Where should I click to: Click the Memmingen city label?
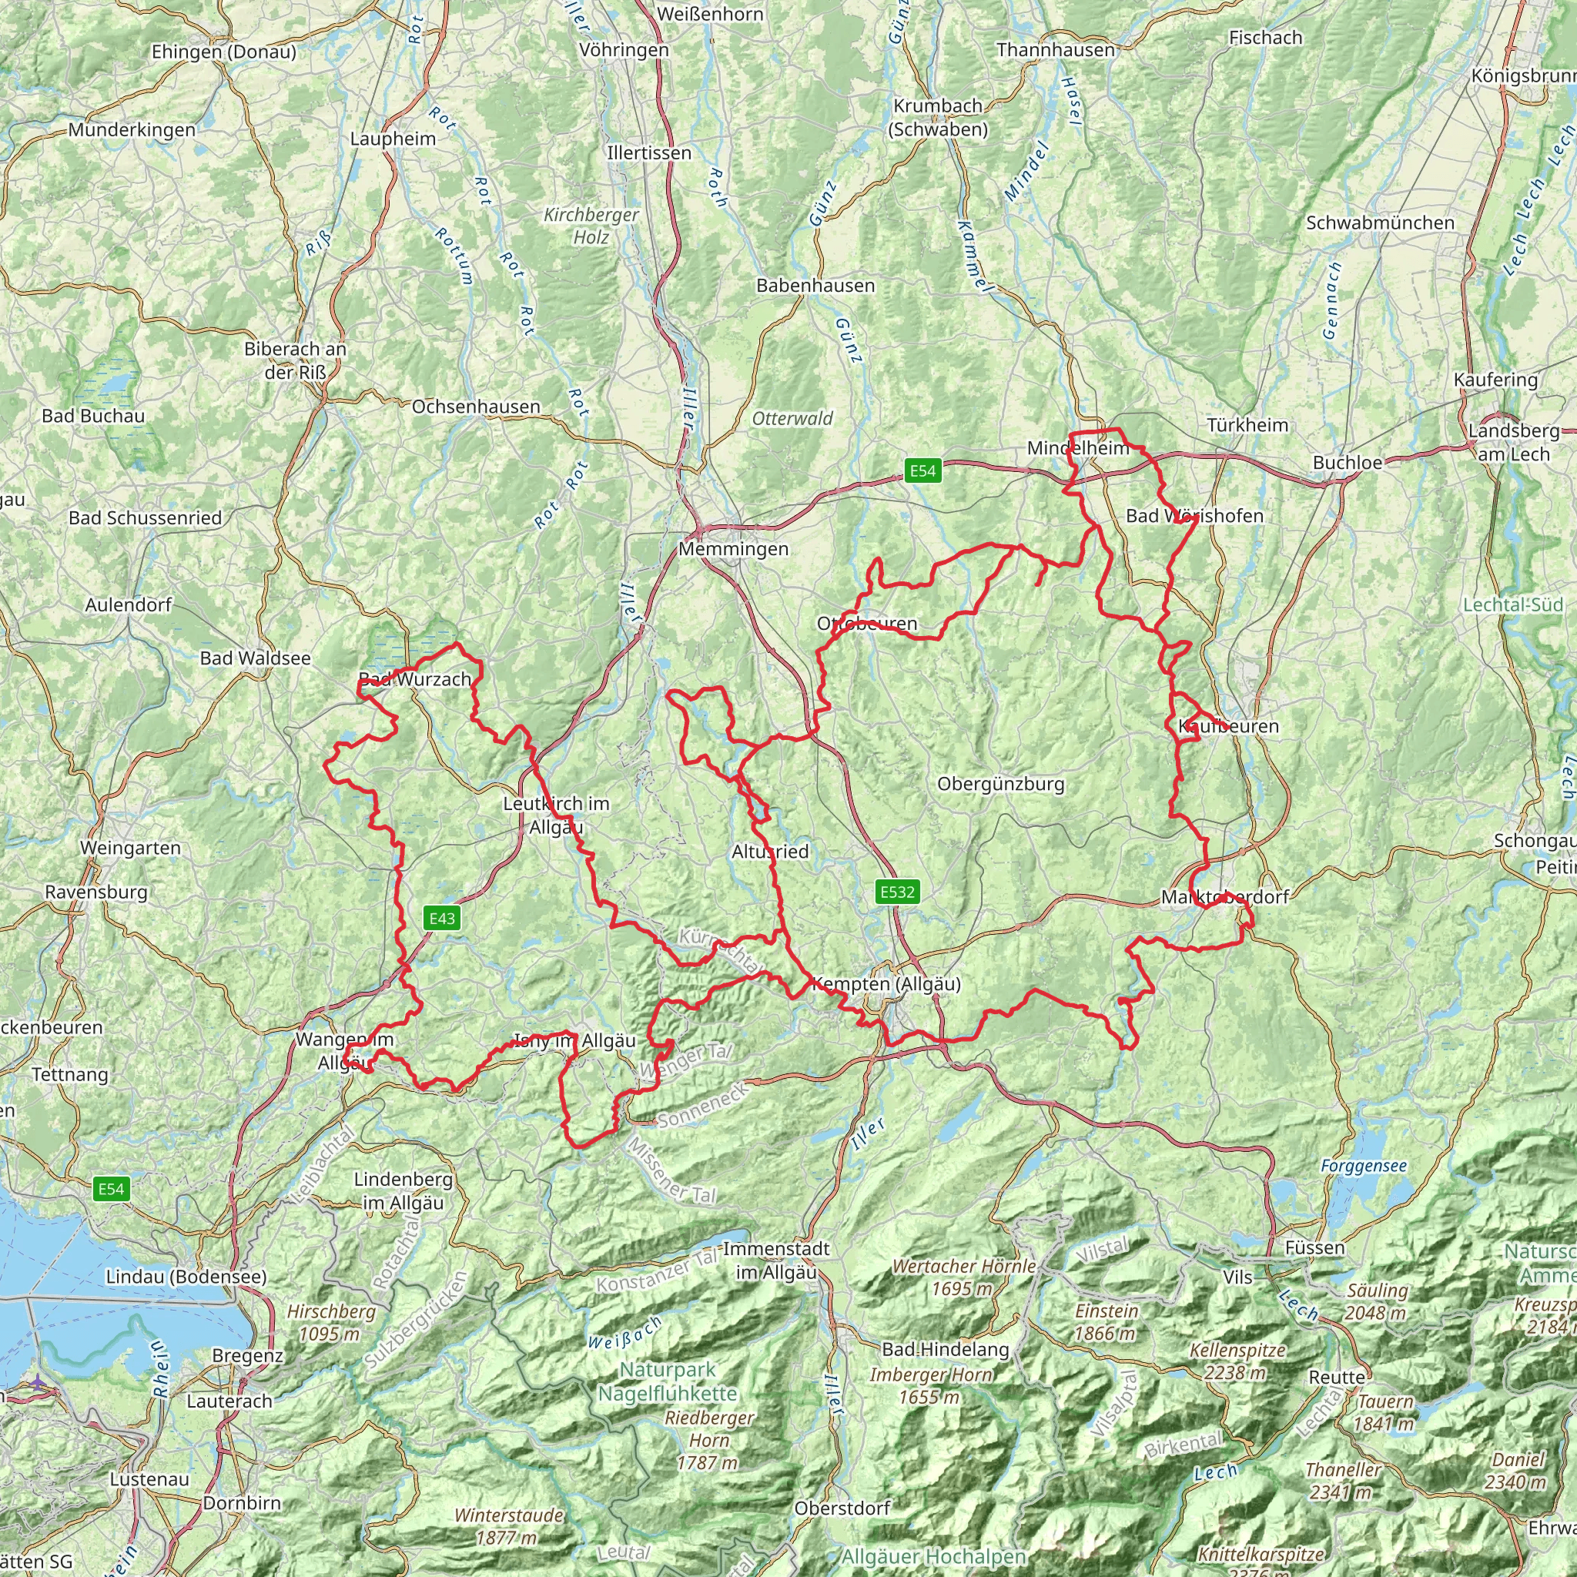tap(733, 549)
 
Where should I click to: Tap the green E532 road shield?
tap(897, 892)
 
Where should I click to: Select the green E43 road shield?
tap(441, 919)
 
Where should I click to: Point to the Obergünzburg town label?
tap(1001, 785)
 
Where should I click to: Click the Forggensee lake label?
tap(1363, 1166)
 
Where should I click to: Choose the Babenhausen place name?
tap(815, 286)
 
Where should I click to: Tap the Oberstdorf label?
tap(842, 1508)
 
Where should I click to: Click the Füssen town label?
tap(1314, 1247)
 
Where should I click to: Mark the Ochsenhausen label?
tap(476, 407)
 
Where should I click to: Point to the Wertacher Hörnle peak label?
tap(964, 1277)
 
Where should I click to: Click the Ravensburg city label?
tap(96, 892)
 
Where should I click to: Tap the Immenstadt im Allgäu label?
tap(776, 1261)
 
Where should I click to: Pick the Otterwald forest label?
tap(792, 419)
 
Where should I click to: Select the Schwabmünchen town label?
tap(1379, 223)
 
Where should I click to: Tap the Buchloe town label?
tap(1348, 463)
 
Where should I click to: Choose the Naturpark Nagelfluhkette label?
tap(667, 1381)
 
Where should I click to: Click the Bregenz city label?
tap(247, 1356)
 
